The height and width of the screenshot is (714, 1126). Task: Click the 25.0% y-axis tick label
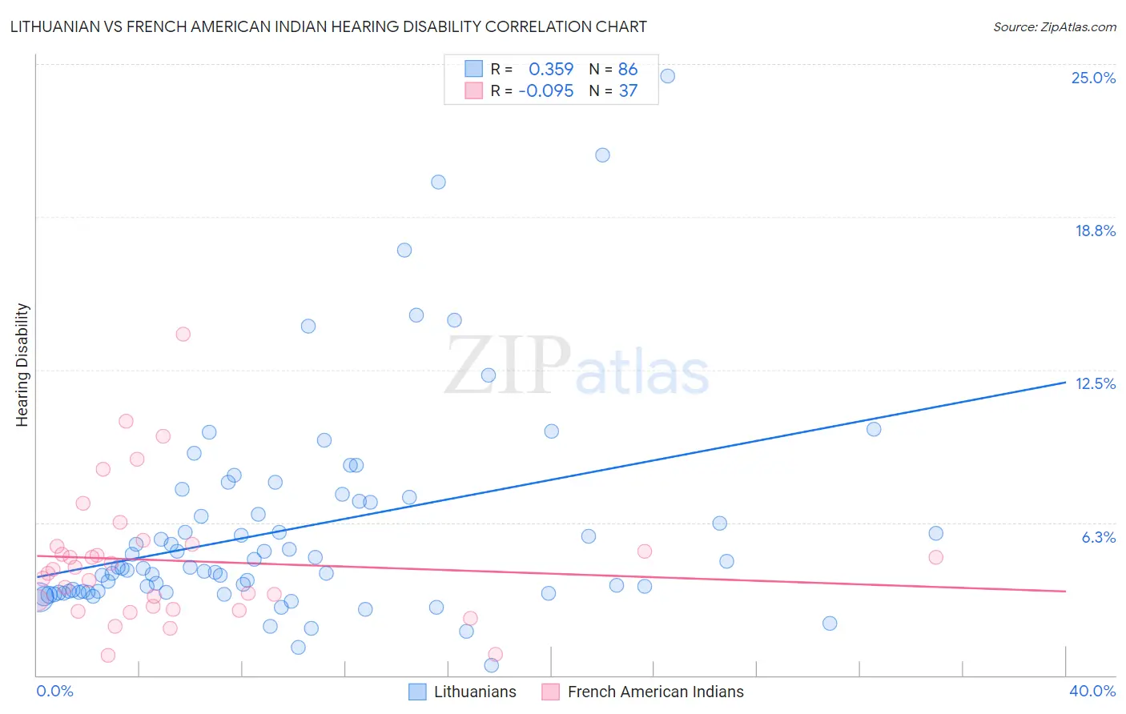[1093, 78]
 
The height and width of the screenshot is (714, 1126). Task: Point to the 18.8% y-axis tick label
[1095, 231]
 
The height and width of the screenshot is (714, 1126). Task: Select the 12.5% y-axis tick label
[1095, 383]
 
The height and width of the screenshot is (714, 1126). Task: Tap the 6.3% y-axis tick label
[1098, 537]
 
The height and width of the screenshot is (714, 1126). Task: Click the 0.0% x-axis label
[54, 691]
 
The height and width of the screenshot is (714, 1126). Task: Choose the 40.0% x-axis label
[1092, 691]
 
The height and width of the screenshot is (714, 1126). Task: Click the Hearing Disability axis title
[22, 365]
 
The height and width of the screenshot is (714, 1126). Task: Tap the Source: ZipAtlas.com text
[1054, 27]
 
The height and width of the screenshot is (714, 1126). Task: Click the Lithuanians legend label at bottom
[475, 692]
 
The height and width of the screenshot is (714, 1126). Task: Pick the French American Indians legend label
[655, 692]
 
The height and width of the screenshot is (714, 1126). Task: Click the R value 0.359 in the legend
[551, 70]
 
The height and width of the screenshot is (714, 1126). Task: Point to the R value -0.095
[546, 91]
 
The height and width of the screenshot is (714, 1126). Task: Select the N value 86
[628, 70]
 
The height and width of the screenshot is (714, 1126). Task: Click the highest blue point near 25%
[667, 76]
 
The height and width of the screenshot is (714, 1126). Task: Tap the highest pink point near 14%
[183, 334]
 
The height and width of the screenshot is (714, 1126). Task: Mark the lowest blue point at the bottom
[492, 665]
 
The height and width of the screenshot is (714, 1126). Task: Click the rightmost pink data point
[935, 557]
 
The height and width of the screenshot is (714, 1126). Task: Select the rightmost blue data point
[935, 533]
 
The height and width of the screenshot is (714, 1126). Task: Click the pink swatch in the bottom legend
[550, 692]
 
